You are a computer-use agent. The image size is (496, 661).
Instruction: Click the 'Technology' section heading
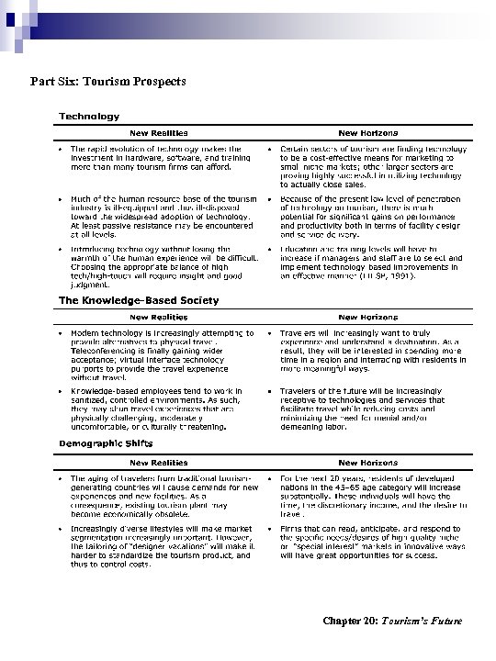89,117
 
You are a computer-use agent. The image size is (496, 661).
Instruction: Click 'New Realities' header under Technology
154,132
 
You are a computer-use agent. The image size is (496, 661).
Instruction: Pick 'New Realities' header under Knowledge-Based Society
154,317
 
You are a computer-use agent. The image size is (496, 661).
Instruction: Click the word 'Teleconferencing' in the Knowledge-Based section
103,349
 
